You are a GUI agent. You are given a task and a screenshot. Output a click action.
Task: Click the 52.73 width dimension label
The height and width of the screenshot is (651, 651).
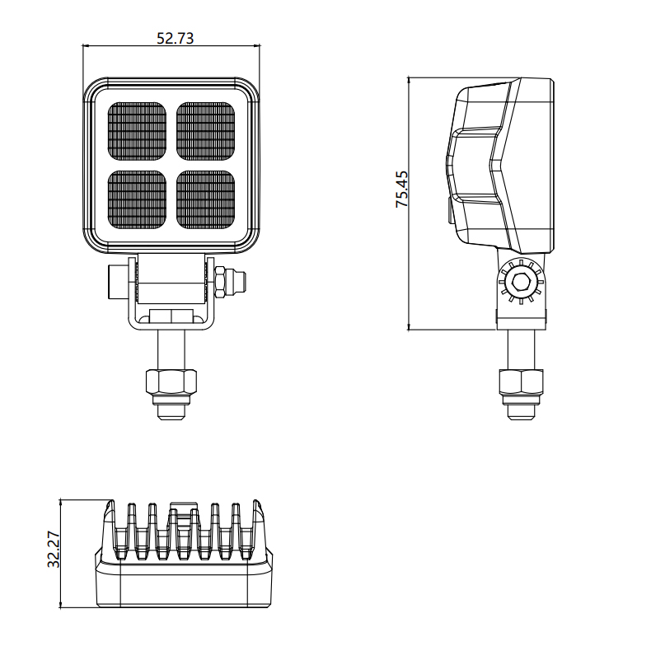coord(176,38)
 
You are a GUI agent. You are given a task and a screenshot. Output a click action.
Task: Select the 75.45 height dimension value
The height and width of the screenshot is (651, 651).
coord(402,189)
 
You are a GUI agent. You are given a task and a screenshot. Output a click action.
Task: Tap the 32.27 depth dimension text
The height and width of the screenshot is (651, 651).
coord(54,550)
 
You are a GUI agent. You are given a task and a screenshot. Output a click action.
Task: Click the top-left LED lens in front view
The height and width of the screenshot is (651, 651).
coord(137,131)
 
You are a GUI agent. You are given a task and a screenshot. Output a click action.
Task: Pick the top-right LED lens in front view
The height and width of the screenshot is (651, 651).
coord(205,131)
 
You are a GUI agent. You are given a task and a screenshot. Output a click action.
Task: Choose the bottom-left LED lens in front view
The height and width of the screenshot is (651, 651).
coord(137,199)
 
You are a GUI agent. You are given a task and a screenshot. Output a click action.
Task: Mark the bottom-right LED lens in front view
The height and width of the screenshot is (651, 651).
coord(205,199)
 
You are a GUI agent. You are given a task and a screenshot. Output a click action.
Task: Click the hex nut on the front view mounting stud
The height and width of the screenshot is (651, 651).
coord(171,382)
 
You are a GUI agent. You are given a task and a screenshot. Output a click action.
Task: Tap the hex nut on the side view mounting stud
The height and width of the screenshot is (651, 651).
coord(521,382)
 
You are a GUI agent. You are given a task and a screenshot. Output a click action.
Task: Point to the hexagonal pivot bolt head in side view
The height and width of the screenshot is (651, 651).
coord(521,282)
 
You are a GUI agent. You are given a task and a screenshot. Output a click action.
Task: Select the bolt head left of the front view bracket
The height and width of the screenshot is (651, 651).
coord(119,281)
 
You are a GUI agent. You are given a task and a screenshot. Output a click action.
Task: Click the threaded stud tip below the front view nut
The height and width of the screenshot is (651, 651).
coord(171,411)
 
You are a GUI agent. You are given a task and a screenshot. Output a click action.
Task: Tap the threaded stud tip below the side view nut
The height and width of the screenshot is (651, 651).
coord(521,411)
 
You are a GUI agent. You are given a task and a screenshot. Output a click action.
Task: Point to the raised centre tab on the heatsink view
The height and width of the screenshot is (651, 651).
coord(183,507)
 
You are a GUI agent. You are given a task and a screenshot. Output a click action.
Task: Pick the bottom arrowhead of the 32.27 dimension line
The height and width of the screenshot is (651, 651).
coord(61,604)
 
